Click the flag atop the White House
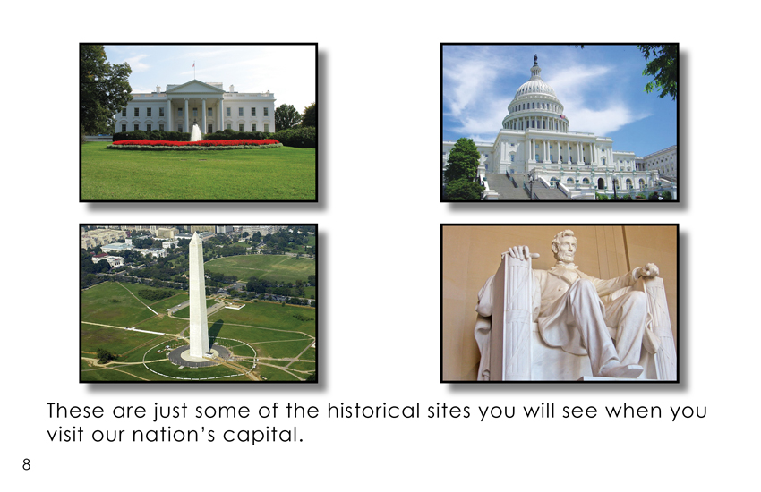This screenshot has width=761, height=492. [193, 64]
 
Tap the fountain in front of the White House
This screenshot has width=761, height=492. [195, 132]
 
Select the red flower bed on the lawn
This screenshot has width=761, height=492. [195, 142]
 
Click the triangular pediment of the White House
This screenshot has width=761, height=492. [195, 88]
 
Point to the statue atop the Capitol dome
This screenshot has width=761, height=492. [535, 60]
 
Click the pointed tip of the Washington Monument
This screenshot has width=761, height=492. [195, 233]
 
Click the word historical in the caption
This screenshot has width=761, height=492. [373, 411]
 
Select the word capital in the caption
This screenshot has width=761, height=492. [263, 435]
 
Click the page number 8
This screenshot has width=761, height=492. [26, 464]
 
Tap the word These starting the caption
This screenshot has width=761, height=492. [75, 411]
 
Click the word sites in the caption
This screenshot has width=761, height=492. [449, 411]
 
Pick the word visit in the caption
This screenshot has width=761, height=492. [65, 435]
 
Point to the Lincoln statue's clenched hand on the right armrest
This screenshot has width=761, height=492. [648, 270]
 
